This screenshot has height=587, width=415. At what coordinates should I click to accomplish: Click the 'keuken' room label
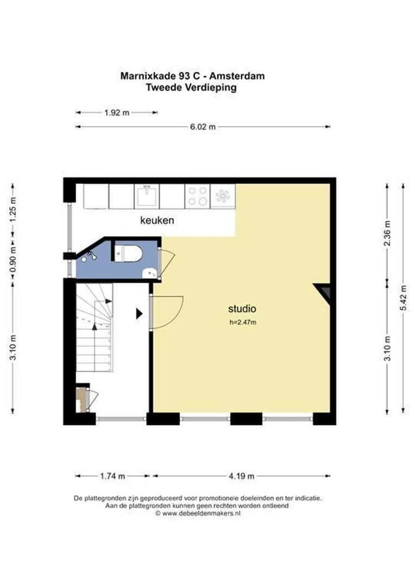tap(157, 220)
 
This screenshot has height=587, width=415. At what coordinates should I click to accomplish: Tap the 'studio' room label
tap(242, 309)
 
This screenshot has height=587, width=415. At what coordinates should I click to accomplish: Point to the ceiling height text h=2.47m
tap(243, 322)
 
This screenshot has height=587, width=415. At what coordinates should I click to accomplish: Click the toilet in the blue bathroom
tap(128, 253)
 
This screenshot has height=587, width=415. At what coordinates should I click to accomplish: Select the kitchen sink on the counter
tap(147, 196)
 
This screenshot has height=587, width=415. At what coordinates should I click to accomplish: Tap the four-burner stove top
tap(198, 196)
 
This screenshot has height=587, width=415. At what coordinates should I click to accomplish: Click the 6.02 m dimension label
tap(203, 127)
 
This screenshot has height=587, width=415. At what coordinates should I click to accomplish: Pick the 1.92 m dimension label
tap(117, 113)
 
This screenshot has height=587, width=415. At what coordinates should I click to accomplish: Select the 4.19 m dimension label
tap(241, 476)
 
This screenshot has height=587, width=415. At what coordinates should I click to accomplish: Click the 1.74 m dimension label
tap(112, 476)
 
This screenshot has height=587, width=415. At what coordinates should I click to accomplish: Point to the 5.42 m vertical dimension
tap(403, 298)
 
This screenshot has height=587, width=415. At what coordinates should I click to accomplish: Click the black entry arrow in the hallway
tap(139, 314)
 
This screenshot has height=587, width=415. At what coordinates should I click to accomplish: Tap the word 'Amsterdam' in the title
tap(237, 76)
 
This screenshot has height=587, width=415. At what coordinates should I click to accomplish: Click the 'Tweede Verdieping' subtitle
tap(191, 88)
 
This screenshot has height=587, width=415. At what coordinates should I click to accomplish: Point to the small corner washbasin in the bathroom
tap(150, 273)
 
